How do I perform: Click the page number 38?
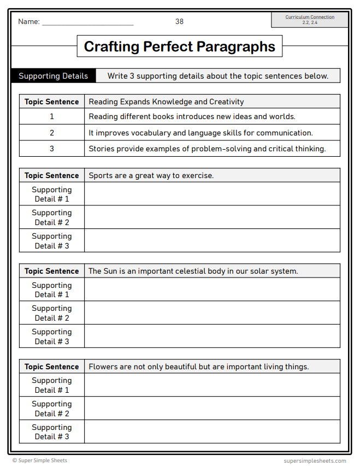tap(179, 21)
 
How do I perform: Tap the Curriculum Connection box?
tap(309, 20)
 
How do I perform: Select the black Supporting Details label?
tap(53, 76)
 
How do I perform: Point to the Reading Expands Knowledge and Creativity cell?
tap(166, 102)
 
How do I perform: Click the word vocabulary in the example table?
tap(140, 133)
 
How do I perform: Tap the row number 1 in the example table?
tap(52, 117)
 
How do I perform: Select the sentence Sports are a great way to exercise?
tap(151, 175)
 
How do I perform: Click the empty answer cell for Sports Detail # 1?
tap(212, 194)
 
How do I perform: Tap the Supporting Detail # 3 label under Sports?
tap(52, 241)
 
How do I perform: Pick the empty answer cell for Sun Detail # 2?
tap(212, 313)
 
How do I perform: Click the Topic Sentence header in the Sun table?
tap(52, 271)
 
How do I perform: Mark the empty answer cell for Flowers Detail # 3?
tap(212, 432)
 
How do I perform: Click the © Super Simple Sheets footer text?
tap(40, 461)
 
